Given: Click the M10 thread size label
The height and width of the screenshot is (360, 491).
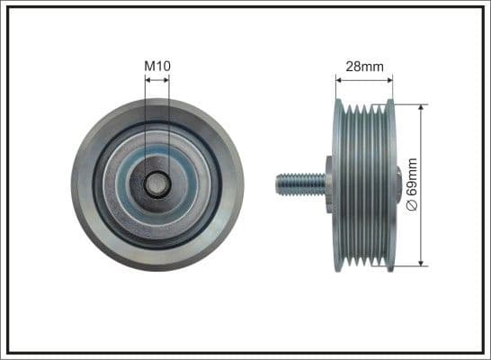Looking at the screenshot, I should click(156, 65).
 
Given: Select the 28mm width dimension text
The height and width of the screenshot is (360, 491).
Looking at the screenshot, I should click(364, 65).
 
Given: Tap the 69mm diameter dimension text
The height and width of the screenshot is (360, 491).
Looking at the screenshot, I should click(413, 184).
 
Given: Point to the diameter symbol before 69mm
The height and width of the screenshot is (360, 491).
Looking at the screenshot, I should click(413, 206).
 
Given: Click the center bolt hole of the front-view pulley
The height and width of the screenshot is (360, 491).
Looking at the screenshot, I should click(156, 184).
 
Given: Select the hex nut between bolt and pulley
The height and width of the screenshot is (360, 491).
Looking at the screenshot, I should click(328, 184).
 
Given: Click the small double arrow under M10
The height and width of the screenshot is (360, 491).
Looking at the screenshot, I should click(156, 80).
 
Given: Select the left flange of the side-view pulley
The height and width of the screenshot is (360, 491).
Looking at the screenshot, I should click(337, 184).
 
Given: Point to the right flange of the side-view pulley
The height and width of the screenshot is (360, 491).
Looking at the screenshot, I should click(389, 184).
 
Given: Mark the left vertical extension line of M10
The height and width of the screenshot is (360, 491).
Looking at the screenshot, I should click(145, 126).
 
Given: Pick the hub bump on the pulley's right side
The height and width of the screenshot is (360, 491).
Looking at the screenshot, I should click(398, 184).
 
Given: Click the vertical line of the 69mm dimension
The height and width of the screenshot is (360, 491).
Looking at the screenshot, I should click(421, 144).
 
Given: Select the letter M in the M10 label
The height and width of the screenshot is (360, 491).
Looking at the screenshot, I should click(149, 65).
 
